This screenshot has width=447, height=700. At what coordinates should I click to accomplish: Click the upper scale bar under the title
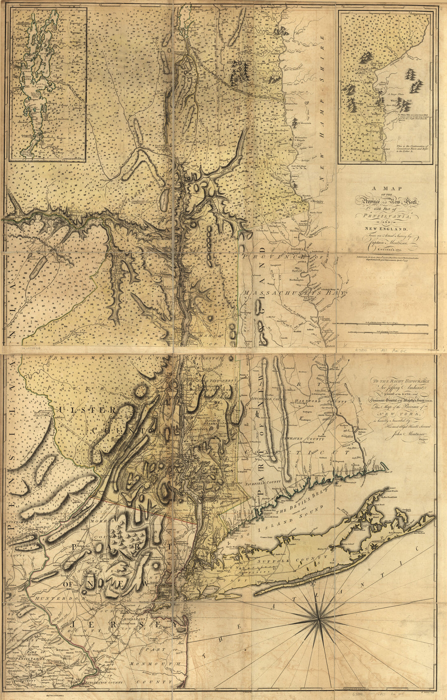click(380, 324)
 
